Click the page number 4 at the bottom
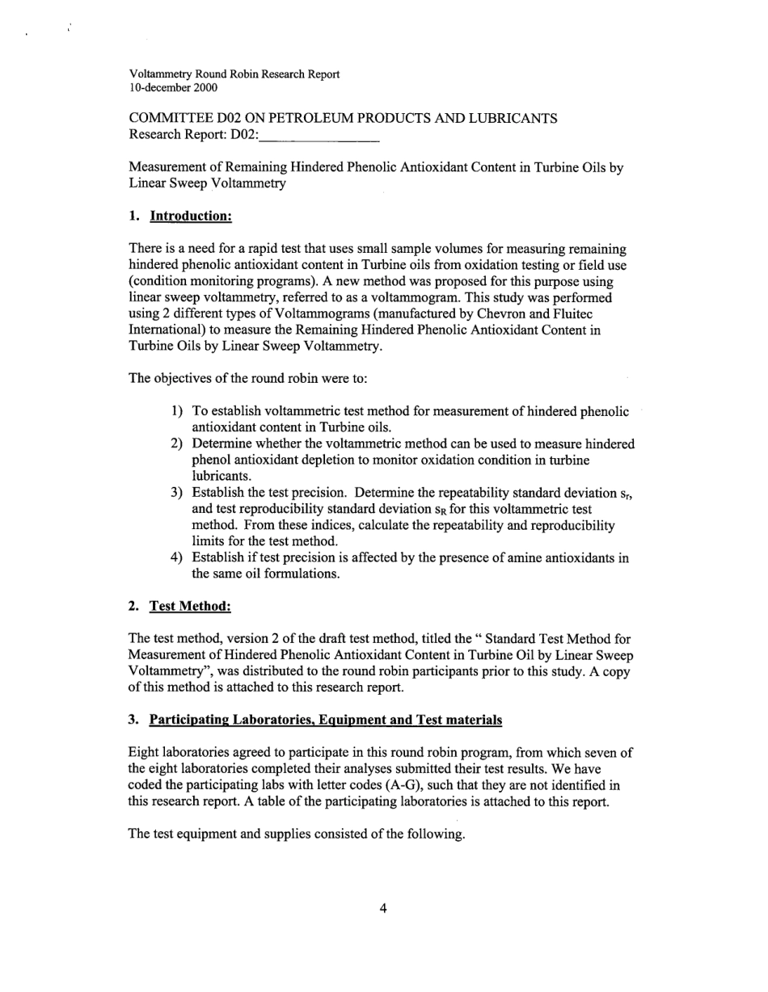(x=383, y=908)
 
